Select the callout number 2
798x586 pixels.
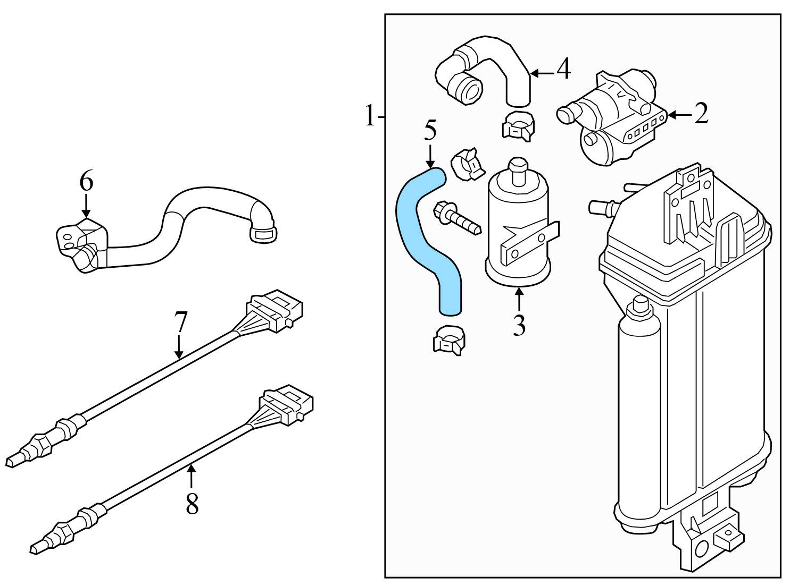(701, 114)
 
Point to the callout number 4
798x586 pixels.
(563, 70)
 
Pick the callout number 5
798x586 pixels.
(430, 131)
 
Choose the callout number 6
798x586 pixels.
(86, 182)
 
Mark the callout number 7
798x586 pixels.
(180, 322)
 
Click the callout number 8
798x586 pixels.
(192, 503)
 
